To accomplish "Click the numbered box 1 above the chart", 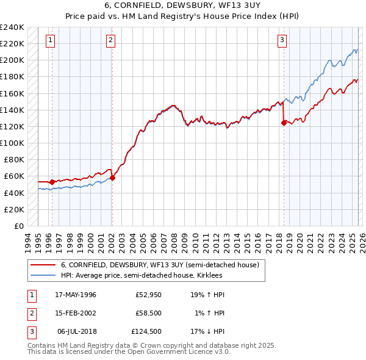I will (x=49, y=41).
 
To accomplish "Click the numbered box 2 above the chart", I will (x=110, y=41).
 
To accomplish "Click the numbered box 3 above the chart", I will (x=282, y=41).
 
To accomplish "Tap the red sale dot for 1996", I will (x=52, y=182).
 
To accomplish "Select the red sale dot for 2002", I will (x=113, y=178).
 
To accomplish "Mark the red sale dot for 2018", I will (x=284, y=123).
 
